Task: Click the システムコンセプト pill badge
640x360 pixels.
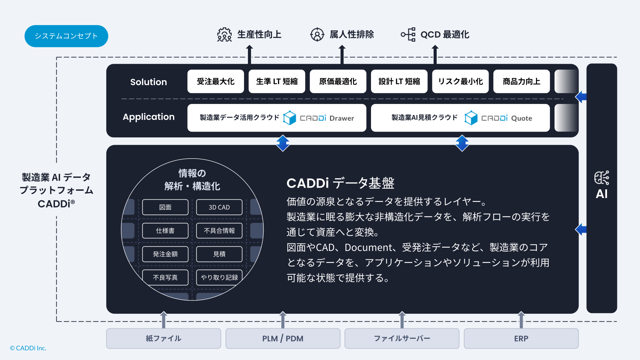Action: coord(66,36)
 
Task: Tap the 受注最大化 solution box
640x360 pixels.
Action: coord(216,81)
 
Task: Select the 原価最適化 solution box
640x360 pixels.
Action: coord(338,81)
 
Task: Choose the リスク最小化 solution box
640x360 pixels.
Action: coord(460,81)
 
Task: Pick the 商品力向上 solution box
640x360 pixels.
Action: coord(522,81)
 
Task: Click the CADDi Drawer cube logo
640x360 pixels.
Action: coord(289,118)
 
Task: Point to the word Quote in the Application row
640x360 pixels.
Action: coord(522,118)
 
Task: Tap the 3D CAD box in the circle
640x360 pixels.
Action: coord(219,207)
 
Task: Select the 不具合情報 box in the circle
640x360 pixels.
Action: coord(219,231)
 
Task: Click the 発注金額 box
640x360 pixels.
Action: coord(165,254)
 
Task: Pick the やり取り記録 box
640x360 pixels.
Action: coord(219,277)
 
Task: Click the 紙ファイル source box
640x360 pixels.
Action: coord(164,338)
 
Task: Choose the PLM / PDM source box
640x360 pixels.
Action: coord(283,338)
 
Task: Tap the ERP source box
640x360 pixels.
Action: coord(521,338)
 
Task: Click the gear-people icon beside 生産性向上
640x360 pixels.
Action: coord(224,35)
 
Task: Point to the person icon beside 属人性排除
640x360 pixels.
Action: coord(317,34)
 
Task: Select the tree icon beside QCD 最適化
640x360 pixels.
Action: coord(408,34)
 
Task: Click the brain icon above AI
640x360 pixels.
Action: coord(602,178)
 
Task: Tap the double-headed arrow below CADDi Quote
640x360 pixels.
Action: coord(462,143)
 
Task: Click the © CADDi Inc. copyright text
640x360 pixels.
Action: coord(28,348)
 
